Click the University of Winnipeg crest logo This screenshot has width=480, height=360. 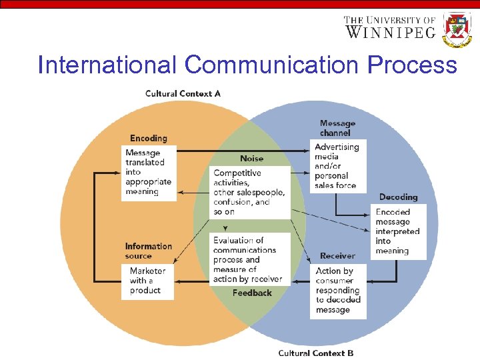tap(457, 30)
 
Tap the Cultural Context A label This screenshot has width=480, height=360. tap(183, 93)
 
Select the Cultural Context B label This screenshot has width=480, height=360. tap(316, 353)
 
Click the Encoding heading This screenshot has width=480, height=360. tap(148, 138)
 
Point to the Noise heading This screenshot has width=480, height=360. tap(251, 159)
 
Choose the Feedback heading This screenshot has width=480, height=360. tap(252, 293)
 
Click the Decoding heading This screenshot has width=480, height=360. tap(398, 197)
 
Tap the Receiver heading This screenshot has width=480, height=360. tap(337, 255)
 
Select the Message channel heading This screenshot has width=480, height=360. tap(337, 127)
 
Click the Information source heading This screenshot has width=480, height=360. tap(148, 251)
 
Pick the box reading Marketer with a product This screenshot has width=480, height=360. tap(147, 281)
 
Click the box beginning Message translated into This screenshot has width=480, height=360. tap(149, 173)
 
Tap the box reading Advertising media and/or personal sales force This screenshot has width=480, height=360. tap(338, 166)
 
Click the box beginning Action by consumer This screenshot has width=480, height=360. tap(338, 291)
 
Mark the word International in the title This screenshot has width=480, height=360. tap(107, 65)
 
